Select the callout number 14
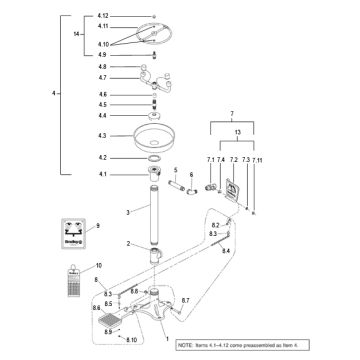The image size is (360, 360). point(77,35)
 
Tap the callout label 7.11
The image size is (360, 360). point(257,160)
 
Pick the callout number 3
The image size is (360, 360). point(128,213)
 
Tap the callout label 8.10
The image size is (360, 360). point(131,341)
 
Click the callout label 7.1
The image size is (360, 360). point(212,160)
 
